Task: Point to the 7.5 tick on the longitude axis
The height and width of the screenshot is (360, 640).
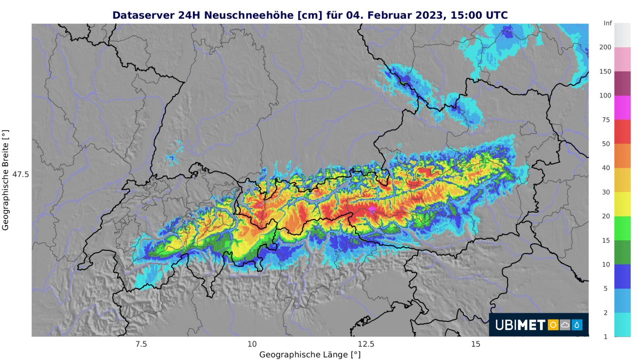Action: pos(141,344)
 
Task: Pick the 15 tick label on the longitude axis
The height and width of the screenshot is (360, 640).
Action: pos(476,344)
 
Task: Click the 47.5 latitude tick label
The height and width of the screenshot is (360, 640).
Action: pos(21,174)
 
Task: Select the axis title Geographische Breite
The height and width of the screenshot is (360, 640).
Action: pos(5,180)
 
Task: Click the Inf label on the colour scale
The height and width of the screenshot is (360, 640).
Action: pos(608,23)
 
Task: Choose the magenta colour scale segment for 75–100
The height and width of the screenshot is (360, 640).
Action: pos(622,107)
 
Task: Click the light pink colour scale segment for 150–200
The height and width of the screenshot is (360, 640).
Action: pos(622,59)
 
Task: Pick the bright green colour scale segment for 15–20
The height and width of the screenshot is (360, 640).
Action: pos(622,228)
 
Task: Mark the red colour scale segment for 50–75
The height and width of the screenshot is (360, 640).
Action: pos(622,131)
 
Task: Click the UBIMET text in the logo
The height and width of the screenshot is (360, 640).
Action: pos(520,325)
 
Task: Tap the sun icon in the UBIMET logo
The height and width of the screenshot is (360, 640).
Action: pos(553,325)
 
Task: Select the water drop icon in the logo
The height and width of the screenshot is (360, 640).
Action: pos(576,325)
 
